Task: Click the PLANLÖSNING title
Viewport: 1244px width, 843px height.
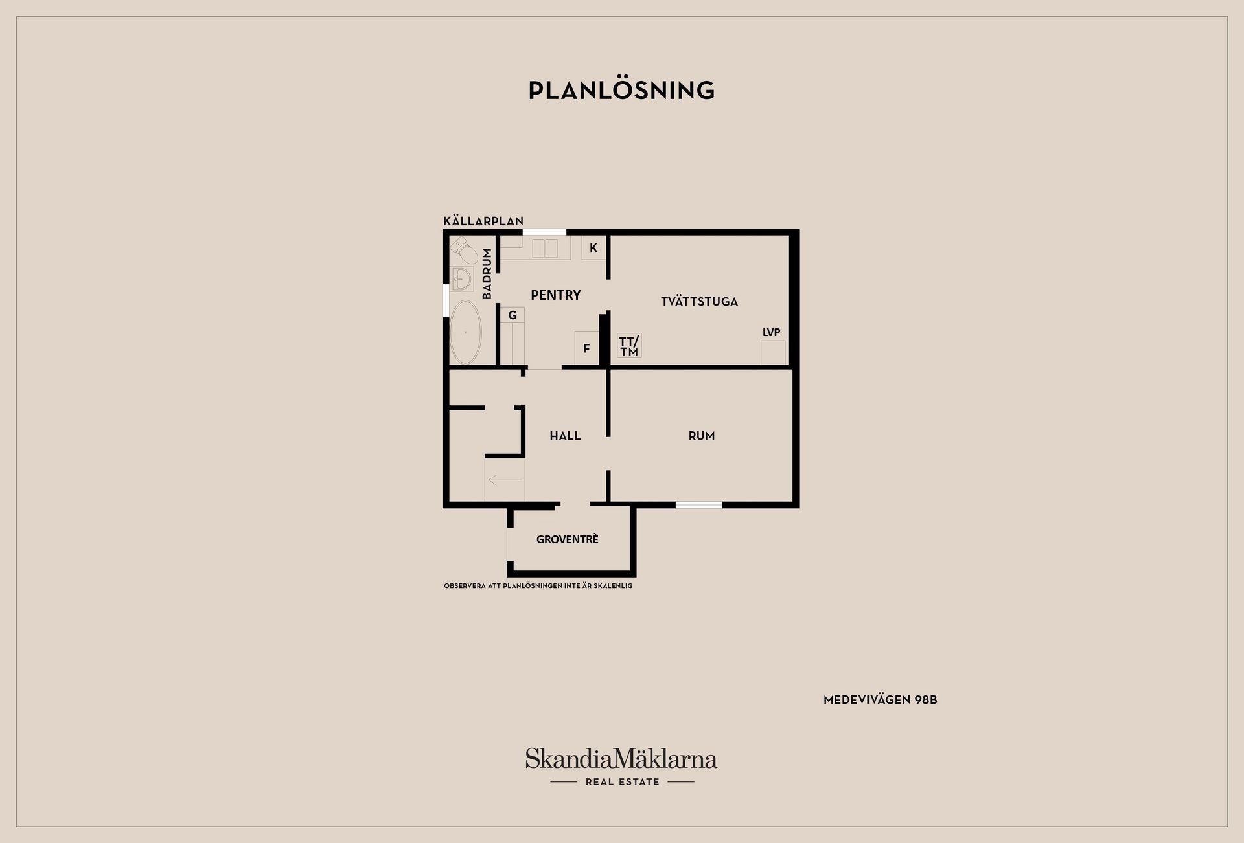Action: coord(621,91)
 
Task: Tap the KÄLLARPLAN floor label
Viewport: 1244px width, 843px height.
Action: coord(483,221)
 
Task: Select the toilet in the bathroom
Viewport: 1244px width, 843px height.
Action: coord(463,249)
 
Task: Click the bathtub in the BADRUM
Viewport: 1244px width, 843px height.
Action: coord(465,332)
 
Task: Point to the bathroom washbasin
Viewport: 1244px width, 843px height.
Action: coord(463,279)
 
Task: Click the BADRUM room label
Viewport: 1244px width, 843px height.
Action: coord(487,274)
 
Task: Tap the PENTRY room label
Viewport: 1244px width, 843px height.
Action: coord(555,295)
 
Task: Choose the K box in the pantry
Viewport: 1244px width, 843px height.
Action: coord(593,248)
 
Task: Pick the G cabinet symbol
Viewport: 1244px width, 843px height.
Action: coord(512,315)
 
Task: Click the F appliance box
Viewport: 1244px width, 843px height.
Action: coord(586,348)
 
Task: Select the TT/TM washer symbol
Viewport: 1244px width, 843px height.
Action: coord(629,346)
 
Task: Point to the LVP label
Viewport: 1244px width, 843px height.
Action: coord(771,333)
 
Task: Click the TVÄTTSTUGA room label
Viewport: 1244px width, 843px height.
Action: coord(699,302)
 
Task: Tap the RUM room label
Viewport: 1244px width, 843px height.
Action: coord(702,436)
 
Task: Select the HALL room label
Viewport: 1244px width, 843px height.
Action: coord(565,436)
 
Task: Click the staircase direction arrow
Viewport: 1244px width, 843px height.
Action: coord(505,480)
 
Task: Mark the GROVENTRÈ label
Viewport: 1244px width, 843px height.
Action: coord(567,539)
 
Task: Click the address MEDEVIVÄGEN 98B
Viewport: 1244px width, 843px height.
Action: coord(880,700)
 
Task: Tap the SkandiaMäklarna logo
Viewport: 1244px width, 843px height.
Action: coord(621,759)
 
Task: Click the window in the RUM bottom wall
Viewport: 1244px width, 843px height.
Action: coord(698,505)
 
